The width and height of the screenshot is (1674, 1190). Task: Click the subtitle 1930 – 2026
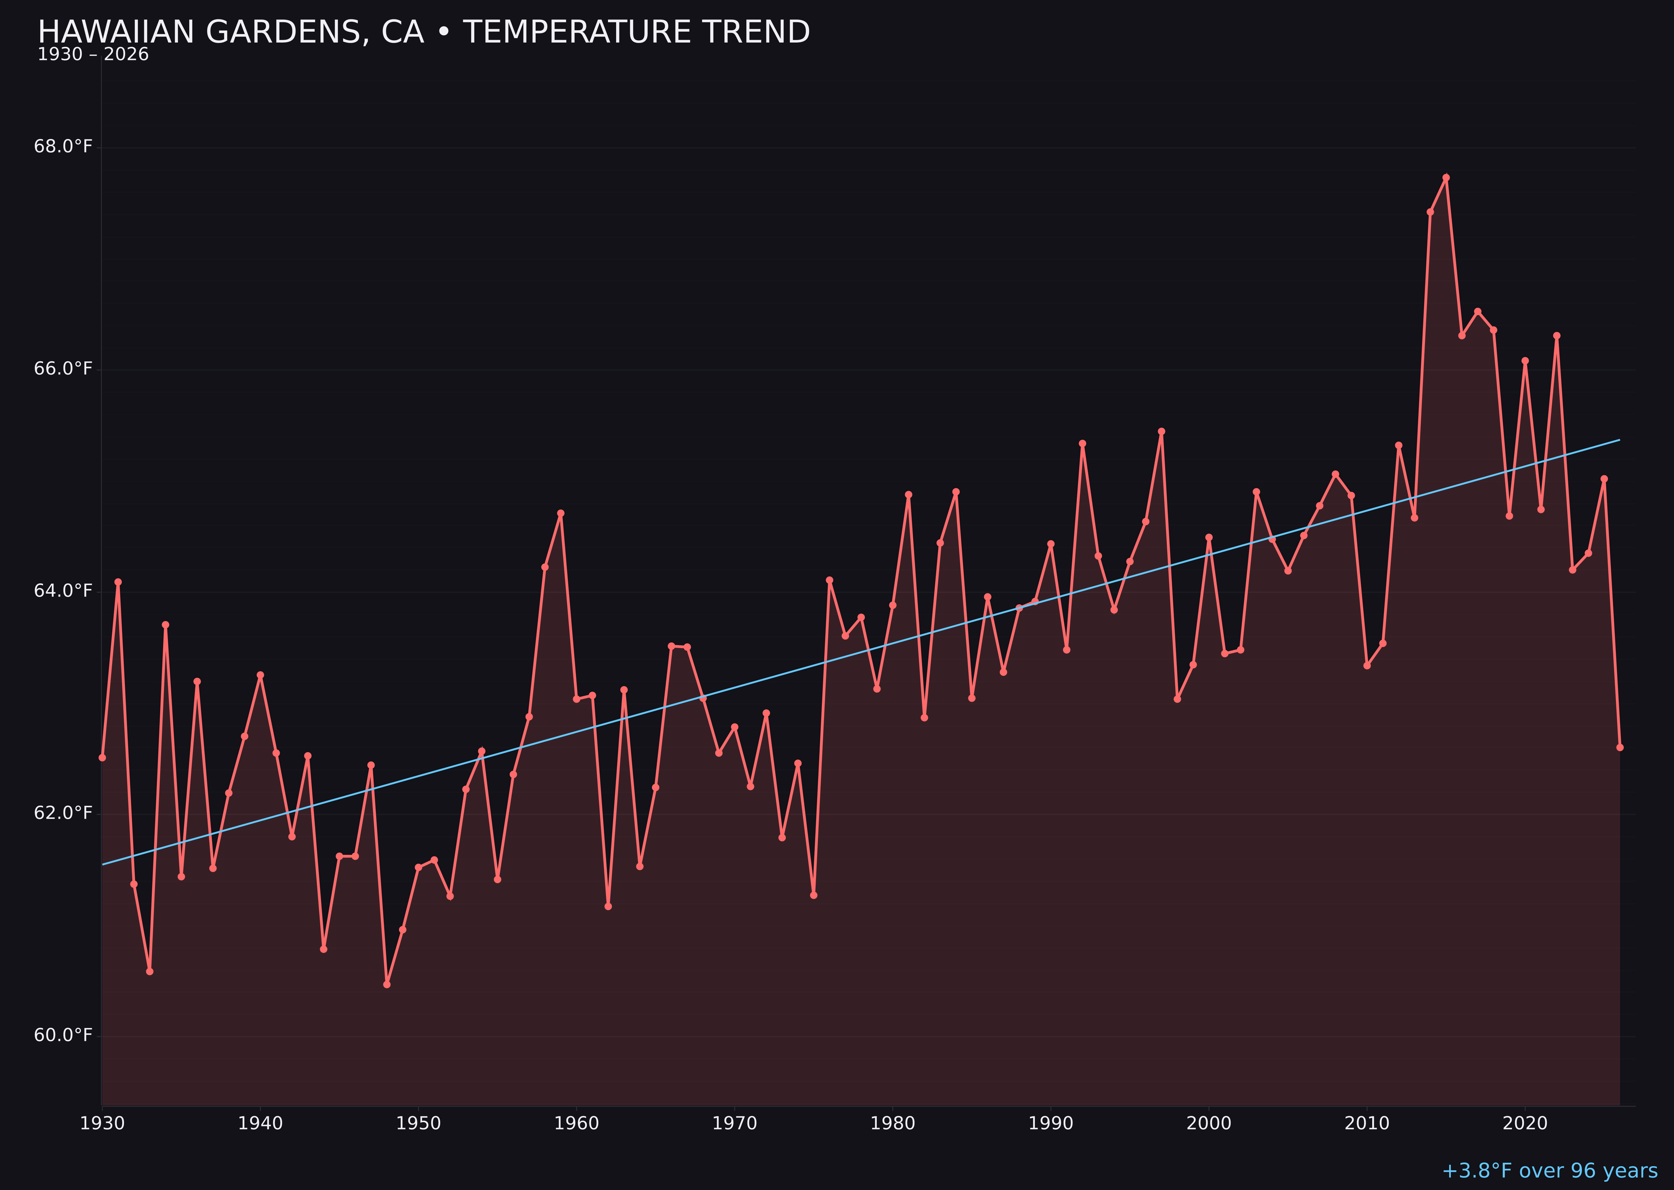(x=93, y=55)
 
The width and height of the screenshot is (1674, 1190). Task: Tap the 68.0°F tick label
(x=63, y=146)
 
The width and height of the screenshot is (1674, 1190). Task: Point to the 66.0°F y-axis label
(x=63, y=369)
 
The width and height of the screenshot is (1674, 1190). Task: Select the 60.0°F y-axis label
(x=63, y=1035)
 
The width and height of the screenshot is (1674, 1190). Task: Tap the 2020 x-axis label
(x=1525, y=1124)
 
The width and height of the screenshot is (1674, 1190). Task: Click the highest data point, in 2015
(x=1446, y=177)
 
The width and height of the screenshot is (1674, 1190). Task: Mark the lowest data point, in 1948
(x=387, y=984)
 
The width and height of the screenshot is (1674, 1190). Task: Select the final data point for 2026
(x=1620, y=747)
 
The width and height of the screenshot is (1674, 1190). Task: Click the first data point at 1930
(x=103, y=758)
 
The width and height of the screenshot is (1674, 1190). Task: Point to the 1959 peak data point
(x=561, y=514)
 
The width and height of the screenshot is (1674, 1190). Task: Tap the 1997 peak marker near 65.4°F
(x=1161, y=431)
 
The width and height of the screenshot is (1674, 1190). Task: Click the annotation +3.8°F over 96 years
(x=1549, y=1171)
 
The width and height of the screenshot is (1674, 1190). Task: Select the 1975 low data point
(x=814, y=895)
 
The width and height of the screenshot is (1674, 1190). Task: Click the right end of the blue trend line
(x=1619, y=440)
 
